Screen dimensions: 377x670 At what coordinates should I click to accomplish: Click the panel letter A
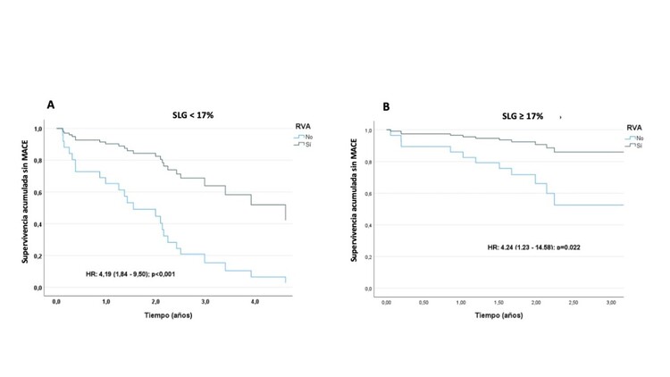(x=52, y=105)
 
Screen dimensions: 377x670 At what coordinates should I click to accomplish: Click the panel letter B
(x=386, y=107)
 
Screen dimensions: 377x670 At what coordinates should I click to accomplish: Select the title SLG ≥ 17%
(x=521, y=116)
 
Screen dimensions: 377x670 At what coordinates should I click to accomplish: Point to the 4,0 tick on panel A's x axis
(x=255, y=304)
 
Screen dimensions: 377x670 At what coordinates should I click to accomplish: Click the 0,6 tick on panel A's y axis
(x=38, y=192)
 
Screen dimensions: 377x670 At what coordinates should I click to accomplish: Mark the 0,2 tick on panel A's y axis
(x=38, y=256)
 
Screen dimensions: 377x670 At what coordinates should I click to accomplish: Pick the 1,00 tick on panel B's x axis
(x=461, y=305)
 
